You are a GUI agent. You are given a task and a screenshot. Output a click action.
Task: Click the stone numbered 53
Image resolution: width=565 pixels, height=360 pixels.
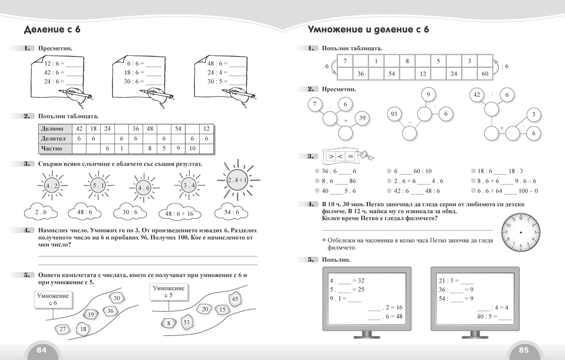(x=186, y=322)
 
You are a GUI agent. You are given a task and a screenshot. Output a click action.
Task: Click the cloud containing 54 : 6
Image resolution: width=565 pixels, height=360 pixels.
(x=232, y=212)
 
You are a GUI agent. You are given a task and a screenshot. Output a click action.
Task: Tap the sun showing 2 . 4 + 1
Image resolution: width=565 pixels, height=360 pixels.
(x=234, y=180)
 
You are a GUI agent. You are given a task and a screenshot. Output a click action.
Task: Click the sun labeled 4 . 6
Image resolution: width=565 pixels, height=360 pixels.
(x=142, y=188)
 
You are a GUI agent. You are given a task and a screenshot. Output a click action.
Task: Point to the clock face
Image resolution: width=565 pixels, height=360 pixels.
(x=521, y=232)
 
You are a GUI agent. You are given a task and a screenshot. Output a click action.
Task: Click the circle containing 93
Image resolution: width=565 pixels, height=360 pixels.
(x=395, y=114)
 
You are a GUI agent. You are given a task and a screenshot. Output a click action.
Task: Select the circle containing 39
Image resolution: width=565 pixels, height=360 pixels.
(x=362, y=118)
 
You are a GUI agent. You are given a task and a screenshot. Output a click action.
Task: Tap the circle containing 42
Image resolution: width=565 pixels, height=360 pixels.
(x=476, y=95)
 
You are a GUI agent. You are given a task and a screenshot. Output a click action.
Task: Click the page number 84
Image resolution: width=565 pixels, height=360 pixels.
(x=41, y=350)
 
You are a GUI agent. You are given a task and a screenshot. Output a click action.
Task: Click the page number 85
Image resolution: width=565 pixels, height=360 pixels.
(x=524, y=350)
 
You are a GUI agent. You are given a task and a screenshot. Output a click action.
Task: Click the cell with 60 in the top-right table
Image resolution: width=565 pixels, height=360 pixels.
(x=485, y=74)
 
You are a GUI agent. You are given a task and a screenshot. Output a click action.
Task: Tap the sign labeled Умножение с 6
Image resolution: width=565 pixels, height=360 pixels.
(x=53, y=299)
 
